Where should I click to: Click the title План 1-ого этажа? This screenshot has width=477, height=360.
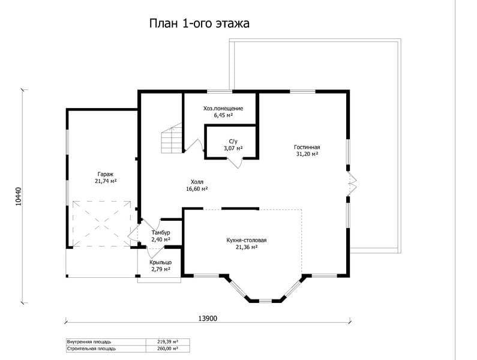tap(199, 23)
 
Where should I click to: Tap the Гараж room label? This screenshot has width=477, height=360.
tap(106, 175)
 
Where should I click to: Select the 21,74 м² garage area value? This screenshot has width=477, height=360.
tap(106, 181)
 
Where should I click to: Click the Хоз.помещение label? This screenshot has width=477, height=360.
tap(223, 109)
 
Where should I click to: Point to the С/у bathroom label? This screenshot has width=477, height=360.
tap(233, 142)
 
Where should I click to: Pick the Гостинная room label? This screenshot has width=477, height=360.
tap(307, 147)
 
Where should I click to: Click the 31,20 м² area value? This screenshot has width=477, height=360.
tap(307, 154)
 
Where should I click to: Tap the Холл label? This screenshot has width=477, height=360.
tap(197, 182)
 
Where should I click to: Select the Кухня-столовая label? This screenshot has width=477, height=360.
tap(247, 241)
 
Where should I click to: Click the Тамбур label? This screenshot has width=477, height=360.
tap(161, 233)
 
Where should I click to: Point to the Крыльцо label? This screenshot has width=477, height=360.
tap(161, 262)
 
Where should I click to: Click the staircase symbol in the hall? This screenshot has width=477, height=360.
tap(172, 138)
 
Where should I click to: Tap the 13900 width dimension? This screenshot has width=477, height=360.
tap(208, 319)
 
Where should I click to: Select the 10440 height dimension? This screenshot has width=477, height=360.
tap(19, 197)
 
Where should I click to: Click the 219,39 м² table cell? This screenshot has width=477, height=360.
tap(167, 342)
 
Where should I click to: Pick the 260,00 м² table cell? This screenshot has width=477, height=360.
tap(167, 349)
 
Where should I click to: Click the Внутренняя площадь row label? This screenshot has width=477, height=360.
tap(89, 342)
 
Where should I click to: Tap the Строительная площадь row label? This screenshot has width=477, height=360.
tap(91, 349)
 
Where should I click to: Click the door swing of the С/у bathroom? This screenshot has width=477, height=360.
tap(235, 163)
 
